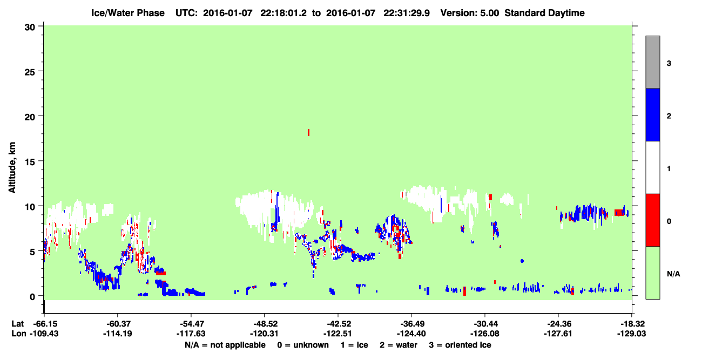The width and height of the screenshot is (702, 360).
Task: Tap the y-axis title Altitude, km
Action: pyautogui.click(x=12, y=168)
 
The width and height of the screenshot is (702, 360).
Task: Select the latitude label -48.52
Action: pyautogui.click(x=265, y=324)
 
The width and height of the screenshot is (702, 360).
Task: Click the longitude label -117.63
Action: pyautogui.click(x=191, y=334)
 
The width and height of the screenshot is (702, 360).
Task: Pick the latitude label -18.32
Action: pyautogui.click(x=631, y=324)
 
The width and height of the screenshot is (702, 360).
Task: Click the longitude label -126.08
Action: pyautogui.click(x=485, y=334)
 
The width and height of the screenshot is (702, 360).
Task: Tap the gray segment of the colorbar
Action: pyautogui.click(x=653, y=62)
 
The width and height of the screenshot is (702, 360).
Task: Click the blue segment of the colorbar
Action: pyautogui.click(x=653, y=114)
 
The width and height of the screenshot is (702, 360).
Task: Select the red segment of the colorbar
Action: pyautogui.click(x=653, y=220)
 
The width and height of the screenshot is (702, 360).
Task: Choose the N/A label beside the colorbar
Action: pyautogui.click(x=673, y=274)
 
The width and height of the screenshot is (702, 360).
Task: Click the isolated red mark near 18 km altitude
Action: pyautogui.click(x=309, y=133)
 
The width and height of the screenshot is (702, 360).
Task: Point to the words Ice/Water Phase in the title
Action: pyautogui.click(x=128, y=13)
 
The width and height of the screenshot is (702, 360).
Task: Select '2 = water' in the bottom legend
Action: pyautogui.click(x=399, y=345)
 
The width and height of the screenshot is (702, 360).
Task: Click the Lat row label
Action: pyautogui.click(x=18, y=324)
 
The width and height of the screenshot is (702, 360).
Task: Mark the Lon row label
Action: pyautogui.click(x=19, y=334)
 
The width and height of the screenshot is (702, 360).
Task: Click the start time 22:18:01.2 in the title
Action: pyautogui.click(x=283, y=13)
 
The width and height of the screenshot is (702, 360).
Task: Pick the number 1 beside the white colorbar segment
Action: pyautogui.click(x=669, y=168)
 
